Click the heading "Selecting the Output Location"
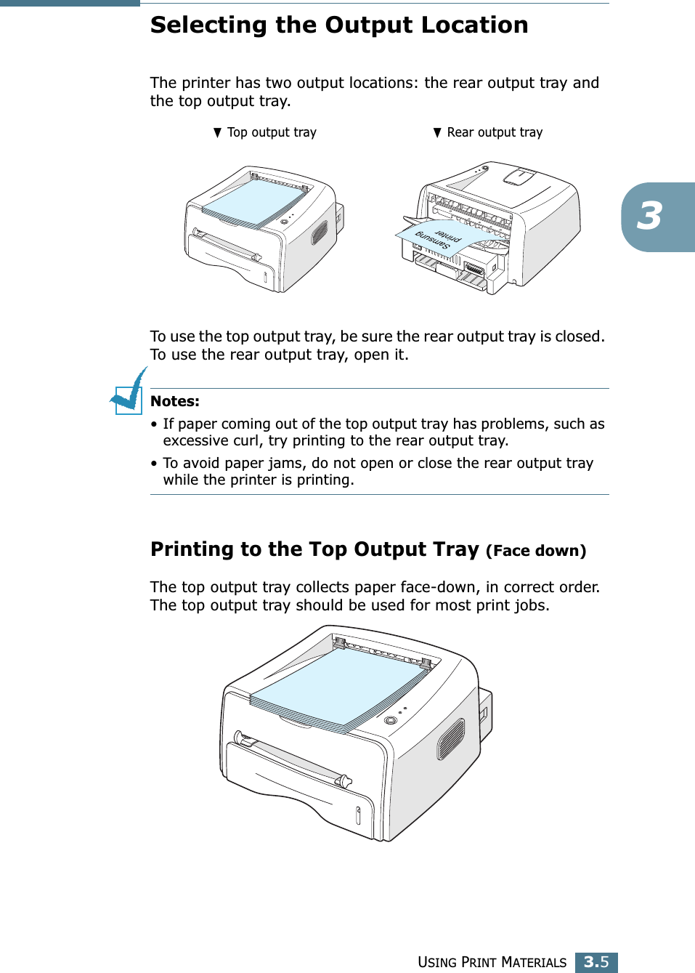338,25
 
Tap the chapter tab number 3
650,217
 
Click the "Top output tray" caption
272,132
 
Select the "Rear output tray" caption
495,132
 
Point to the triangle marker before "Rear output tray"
437,132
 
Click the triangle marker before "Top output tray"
217,132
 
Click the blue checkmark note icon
129,393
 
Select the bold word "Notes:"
175,401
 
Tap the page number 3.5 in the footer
596,961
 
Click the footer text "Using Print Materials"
492,962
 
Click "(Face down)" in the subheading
536,551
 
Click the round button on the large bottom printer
390,720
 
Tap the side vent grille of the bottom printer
450,738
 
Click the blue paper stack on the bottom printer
338,687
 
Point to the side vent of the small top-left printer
320,233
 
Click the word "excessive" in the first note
192,440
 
